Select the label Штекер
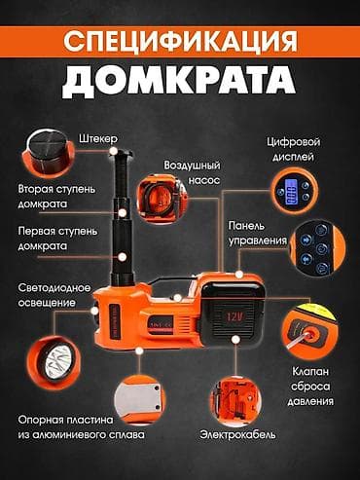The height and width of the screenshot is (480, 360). pyautogui.click(x=98, y=139)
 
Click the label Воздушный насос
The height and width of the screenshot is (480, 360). pyautogui.click(x=192, y=173)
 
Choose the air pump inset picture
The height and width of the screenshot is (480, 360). pyautogui.click(x=160, y=200)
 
